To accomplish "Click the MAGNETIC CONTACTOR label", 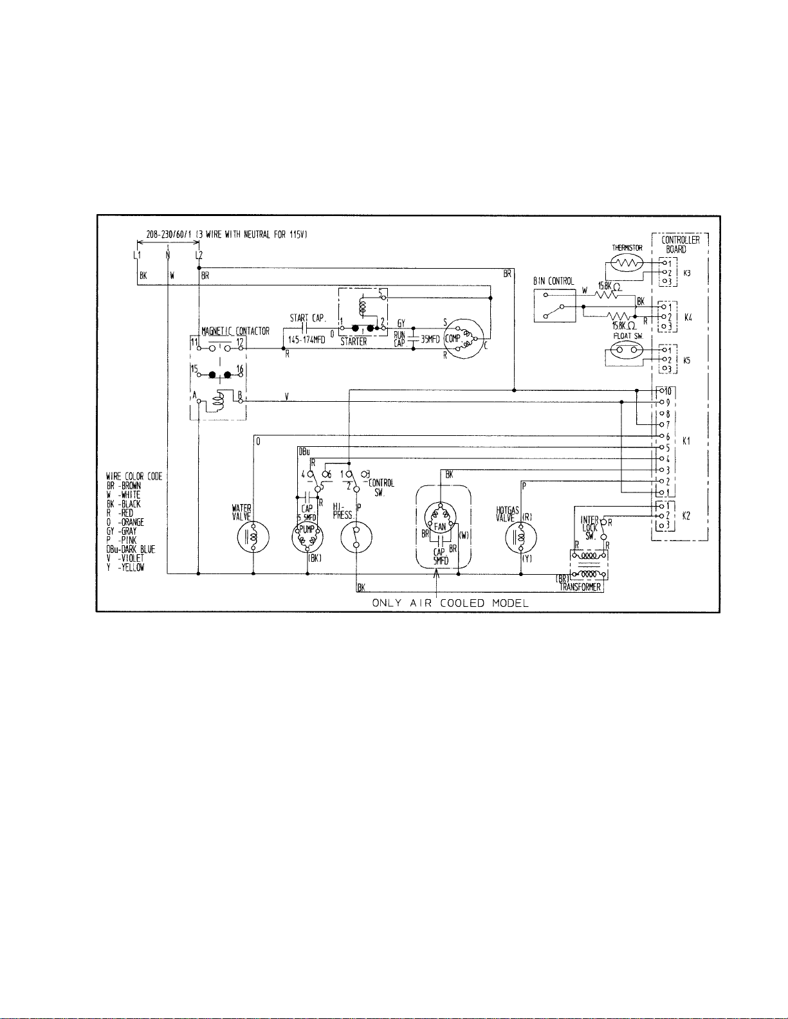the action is point(235,331).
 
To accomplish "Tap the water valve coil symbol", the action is point(253,537).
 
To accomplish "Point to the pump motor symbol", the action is point(307,537).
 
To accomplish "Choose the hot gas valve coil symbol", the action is point(521,537).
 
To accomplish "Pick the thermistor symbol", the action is point(627,263).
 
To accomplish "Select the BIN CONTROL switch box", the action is point(556,307).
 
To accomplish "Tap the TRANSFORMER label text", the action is point(580,587).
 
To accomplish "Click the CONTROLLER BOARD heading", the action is point(681,244).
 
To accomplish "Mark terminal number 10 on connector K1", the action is point(668,391).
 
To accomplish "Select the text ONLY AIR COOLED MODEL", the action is point(450,603).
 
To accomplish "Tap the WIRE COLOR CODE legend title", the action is point(134,476).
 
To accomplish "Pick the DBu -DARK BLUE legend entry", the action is point(131,550).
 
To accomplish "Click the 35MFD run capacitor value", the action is point(430,338).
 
